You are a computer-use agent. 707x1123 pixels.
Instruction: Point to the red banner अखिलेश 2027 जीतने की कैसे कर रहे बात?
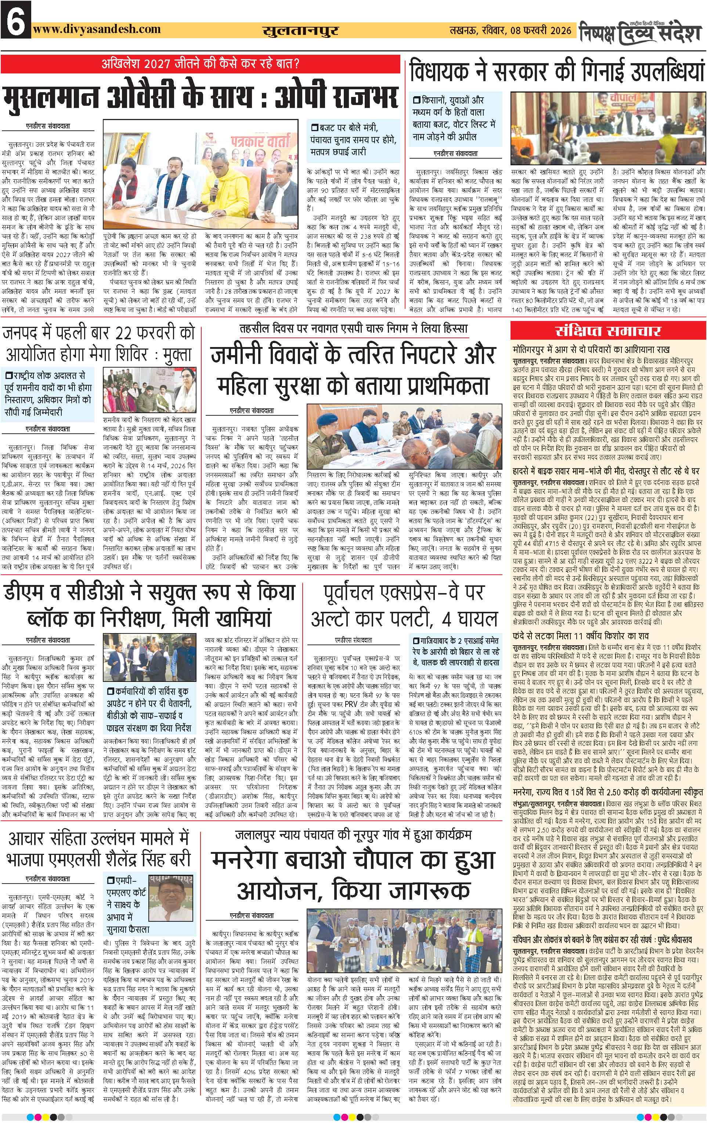coord(201,62)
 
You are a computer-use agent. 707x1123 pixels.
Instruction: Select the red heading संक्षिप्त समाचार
coord(608,331)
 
